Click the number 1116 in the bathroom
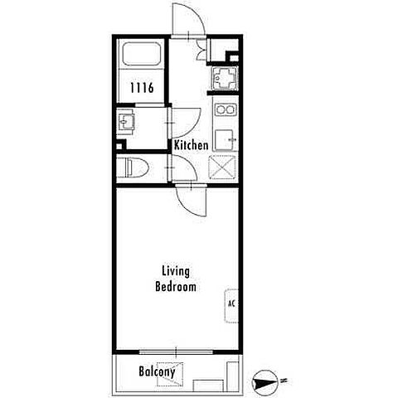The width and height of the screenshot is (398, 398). pyautogui.click(x=142, y=88)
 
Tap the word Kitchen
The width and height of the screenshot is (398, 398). pyautogui.click(x=191, y=145)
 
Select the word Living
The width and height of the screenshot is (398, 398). pyautogui.click(x=176, y=272)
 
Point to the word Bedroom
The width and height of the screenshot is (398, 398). pyautogui.click(x=176, y=287)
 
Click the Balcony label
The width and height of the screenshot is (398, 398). pyautogui.click(x=157, y=372)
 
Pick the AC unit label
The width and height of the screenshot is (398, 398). pyautogui.click(x=231, y=303)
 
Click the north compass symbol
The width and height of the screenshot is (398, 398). pyautogui.click(x=264, y=383)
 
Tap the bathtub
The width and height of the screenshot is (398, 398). pyautogui.click(x=141, y=54)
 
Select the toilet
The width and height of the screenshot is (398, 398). pyautogui.click(x=133, y=167)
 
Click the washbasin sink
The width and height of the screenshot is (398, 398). pyautogui.click(x=126, y=121)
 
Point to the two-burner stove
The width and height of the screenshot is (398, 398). pyautogui.click(x=226, y=109)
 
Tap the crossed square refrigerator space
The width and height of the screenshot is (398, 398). pyautogui.click(x=222, y=167)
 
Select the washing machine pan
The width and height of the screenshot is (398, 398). pyautogui.click(x=226, y=78)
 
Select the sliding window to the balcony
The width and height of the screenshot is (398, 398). pyautogui.click(x=176, y=352)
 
